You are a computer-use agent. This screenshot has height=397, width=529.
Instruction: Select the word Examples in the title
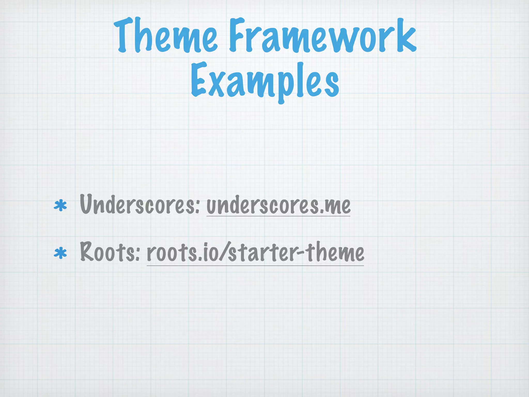pyautogui.click(x=265, y=80)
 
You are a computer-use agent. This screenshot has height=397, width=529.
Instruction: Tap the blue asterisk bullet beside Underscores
pyautogui.click(x=60, y=206)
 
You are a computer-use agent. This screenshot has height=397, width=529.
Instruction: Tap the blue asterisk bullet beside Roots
pyautogui.click(x=60, y=253)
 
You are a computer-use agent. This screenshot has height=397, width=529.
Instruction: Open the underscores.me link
pyautogui.click(x=278, y=205)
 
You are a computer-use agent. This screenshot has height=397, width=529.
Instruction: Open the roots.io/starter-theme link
pyautogui.click(x=255, y=252)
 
